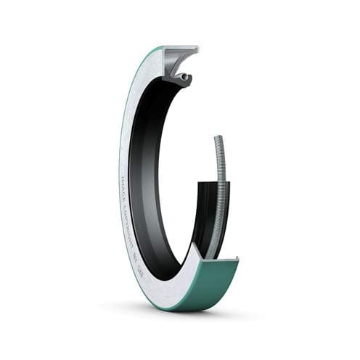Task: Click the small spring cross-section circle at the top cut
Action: pos(186,76)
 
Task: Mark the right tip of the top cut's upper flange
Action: pos(197,49)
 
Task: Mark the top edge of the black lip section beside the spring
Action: pos(207,183)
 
